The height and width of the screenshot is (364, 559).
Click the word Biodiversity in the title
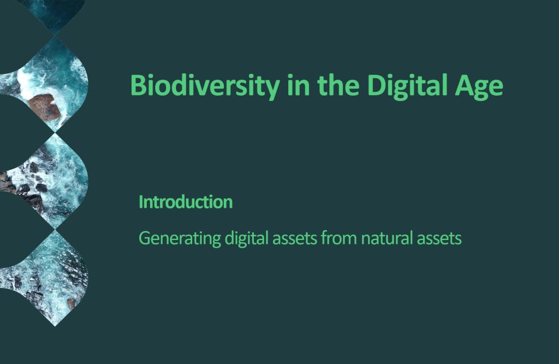(205, 86)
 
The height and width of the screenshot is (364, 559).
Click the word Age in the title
(479, 86)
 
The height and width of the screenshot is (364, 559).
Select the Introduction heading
(186, 202)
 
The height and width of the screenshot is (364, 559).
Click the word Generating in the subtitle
(180, 238)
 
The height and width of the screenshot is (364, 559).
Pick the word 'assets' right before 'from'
(294, 239)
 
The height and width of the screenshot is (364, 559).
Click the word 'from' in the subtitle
(338, 238)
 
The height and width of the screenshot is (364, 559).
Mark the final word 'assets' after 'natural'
(439, 239)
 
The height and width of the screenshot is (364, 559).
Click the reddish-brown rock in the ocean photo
(44, 107)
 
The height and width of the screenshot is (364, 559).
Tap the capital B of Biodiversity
(139, 85)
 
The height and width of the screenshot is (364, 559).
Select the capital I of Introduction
(140, 202)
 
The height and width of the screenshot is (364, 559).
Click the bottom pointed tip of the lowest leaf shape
(55, 326)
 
